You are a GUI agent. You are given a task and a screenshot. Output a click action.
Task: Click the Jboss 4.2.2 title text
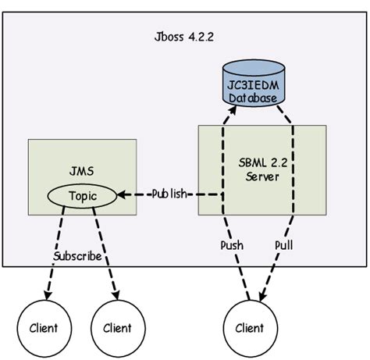[184, 37]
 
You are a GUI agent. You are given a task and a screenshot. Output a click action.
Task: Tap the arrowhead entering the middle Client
[116, 297]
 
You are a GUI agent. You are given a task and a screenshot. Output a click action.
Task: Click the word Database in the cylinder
[247, 98]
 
